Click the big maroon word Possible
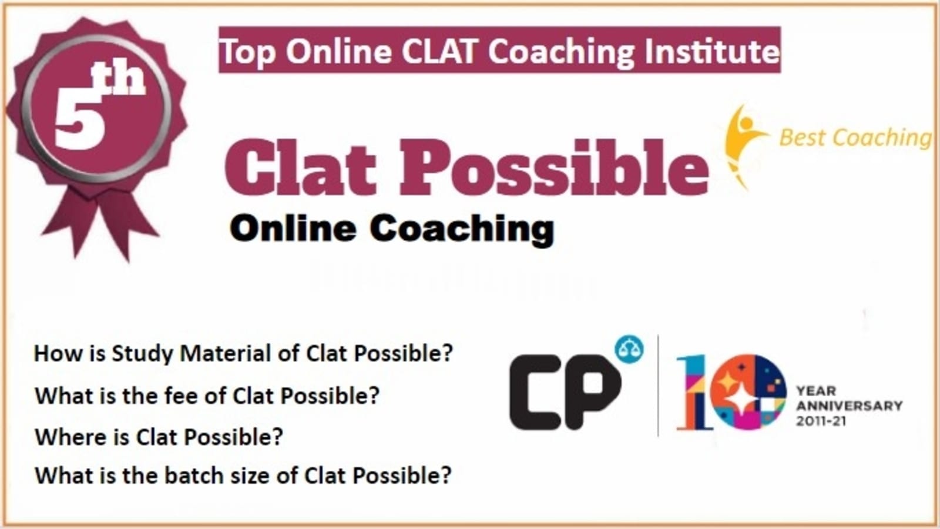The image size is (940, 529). pos(553,168)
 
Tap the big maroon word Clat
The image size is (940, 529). pos(300,169)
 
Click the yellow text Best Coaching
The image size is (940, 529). pos(855,138)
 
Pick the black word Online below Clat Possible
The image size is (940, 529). pos(293,229)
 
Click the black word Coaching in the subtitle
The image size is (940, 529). pos(462,230)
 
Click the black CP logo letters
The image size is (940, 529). pos(565,391)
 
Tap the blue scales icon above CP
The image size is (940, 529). pos(629,349)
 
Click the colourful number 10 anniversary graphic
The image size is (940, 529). pos(731,392)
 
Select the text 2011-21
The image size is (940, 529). pos(821,421)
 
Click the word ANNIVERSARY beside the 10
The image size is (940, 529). pos(850,406)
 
